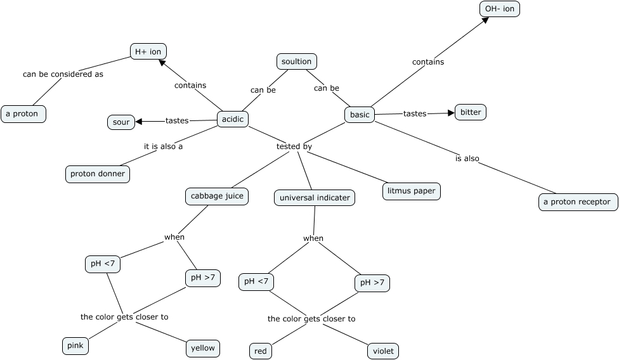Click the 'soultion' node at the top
pyautogui.click(x=297, y=61)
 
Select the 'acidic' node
pyautogui.click(x=233, y=119)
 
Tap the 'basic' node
pyautogui.click(x=360, y=115)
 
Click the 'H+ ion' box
pyautogui.click(x=148, y=51)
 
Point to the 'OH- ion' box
pyautogui.click(x=499, y=9)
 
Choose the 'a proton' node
pyautogui.click(x=23, y=114)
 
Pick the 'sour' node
pyautogui.click(x=121, y=122)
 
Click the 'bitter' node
pyautogui.click(x=471, y=112)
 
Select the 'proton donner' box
pyautogui.click(x=98, y=174)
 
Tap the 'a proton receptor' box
pyautogui.click(x=578, y=202)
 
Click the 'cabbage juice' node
pyautogui.click(x=217, y=196)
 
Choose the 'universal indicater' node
pyautogui.click(x=315, y=198)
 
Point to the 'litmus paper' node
pyautogui.click(x=412, y=191)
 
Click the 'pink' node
pyautogui.click(x=75, y=346)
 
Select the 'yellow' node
pyautogui.click(x=203, y=348)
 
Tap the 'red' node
pyautogui.click(x=261, y=350)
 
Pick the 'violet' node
pyautogui.click(x=383, y=350)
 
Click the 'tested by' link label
pyautogui.click(x=294, y=146)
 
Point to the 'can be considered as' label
pyautogui.click(x=63, y=74)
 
